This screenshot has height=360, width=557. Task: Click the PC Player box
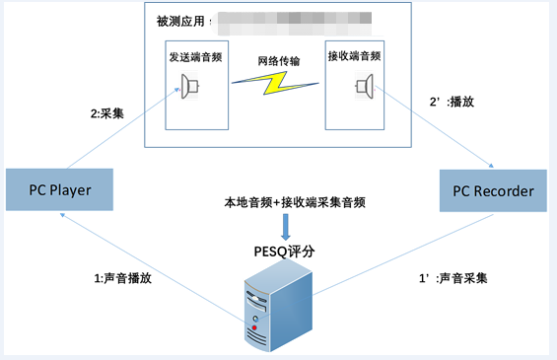pos(59,188)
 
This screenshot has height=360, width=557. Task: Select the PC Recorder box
pos(492,189)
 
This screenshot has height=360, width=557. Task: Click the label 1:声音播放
pos(124,277)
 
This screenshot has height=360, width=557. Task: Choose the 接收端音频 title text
pos(354,56)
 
